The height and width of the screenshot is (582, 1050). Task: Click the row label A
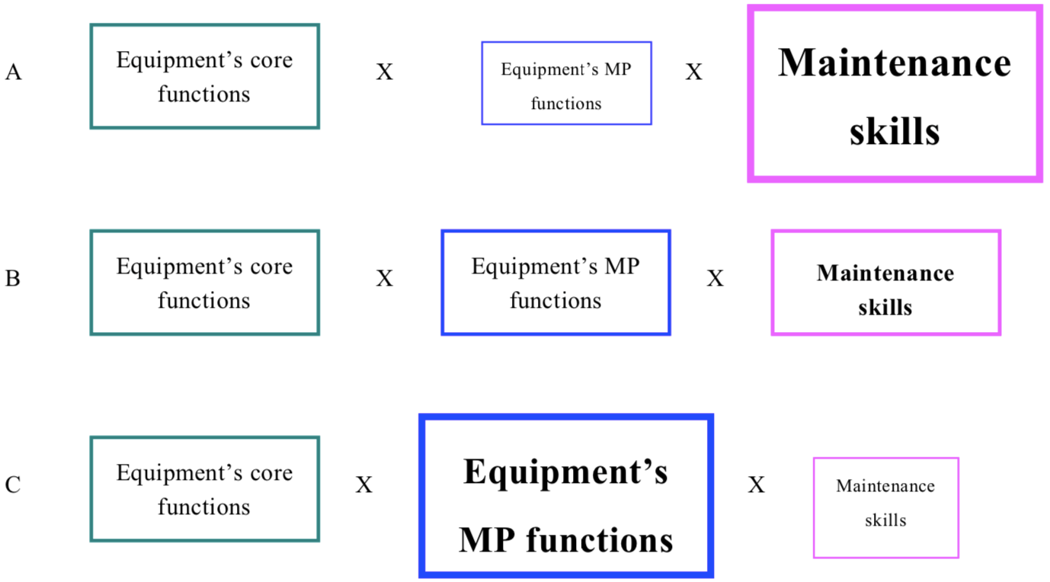click(x=13, y=72)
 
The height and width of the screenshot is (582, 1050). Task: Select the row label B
click(x=13, y=279)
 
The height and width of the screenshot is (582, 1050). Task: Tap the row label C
click(x=13, y=485)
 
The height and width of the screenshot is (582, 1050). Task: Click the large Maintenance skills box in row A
click(x=895, y=94)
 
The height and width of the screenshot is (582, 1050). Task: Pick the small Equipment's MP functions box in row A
click(x=566, y=83)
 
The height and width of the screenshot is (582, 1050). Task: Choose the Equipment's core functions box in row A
click(x=204, y=76)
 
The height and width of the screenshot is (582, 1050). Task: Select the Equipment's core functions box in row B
click(x=204, y=283)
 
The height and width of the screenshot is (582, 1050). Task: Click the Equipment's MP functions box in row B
click(x=555, y=283)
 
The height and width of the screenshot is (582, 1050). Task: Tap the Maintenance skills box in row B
click(x=885, y=283)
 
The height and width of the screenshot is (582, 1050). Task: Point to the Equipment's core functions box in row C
click(x=204, y=489)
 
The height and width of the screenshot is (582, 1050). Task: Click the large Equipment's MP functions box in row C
click(x=566, y=496)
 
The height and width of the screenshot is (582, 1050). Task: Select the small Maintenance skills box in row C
click(x=885, y=507)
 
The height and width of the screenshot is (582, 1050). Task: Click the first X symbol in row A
click(x=385, y=72)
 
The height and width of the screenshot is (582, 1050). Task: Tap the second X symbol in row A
click(x=693, y=72)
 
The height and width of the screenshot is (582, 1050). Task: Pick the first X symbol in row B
click(x=385, y=279)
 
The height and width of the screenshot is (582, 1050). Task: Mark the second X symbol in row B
click(x=715, y=279)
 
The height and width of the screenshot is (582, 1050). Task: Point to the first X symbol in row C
click(x=364, y=485)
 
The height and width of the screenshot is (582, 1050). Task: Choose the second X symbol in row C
click(x=756, y=485)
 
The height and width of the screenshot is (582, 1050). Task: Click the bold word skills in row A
click(x=895, y=132)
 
